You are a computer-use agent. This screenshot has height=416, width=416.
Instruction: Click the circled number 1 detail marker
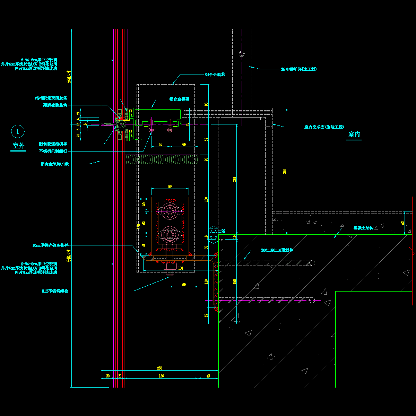[18, 131]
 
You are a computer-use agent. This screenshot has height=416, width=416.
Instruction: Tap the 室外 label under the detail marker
[19, 146]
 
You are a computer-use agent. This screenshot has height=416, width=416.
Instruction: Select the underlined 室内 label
[354, 135]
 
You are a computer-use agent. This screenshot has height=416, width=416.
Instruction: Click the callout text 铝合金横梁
[179, 99]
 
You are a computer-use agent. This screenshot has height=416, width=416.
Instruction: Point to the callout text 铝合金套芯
[215, 75]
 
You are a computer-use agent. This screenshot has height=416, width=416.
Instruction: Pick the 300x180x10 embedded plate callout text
[277, 250]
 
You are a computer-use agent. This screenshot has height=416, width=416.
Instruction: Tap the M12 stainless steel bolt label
[55, 291]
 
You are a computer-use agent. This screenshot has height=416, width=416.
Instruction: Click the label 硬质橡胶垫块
[55, 105]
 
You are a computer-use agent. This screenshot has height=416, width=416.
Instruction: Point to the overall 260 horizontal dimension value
[159, 368]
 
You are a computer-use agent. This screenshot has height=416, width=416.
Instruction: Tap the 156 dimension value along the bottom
[161, 376]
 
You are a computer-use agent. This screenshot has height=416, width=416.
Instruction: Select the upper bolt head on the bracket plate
[170, 211]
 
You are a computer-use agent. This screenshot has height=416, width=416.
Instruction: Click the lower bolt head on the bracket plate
[170, 235]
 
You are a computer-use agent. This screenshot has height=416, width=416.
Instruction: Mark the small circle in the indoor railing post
[242, 54]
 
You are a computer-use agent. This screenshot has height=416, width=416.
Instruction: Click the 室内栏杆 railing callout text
[298, 69]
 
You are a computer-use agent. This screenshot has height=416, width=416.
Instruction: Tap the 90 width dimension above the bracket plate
[170, 187]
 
